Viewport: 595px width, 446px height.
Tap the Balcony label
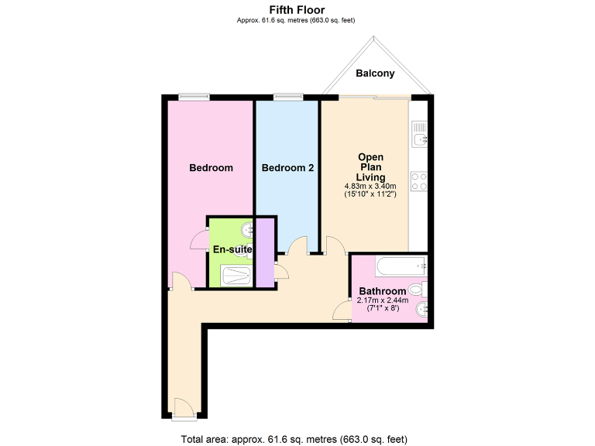(375, 74)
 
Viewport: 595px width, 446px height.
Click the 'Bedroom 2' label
(287, 168)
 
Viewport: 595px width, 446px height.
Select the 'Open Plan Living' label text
(370, 167)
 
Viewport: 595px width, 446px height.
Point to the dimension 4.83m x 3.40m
(370, 187)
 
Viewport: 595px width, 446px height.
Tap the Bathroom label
(382, 291)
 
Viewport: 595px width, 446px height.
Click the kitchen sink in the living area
(420, 139)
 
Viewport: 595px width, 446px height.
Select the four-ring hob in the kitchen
(419, 181)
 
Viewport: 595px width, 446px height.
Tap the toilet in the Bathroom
(416, 290)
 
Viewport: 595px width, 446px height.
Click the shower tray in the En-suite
(237, 276)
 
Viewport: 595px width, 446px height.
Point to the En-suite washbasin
(246, 230)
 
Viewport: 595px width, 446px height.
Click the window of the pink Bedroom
(194, 97)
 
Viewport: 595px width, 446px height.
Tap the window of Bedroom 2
(287, 97)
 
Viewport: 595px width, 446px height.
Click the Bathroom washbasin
(421, 311)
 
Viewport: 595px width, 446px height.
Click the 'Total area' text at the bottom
(294, 440)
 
